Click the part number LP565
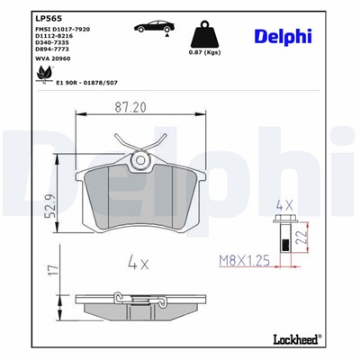(46, 17)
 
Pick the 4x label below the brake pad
(138, 264)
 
